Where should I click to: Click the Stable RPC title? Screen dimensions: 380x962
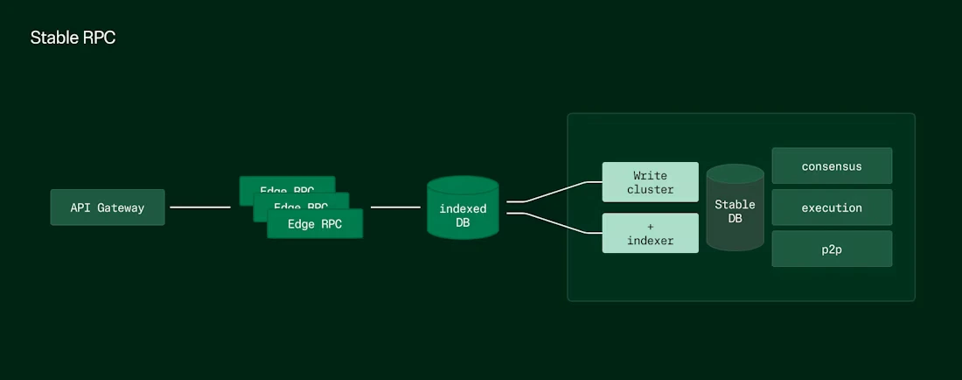click(73, 39)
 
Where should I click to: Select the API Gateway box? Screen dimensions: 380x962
click(108, 208)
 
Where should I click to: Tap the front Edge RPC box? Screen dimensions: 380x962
click(315, 224)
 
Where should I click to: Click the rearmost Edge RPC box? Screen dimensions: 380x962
click(287, 183)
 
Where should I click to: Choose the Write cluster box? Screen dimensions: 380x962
click(651, 182)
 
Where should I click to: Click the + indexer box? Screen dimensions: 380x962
click(651, 233)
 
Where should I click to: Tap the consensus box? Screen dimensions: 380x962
click(832, 165)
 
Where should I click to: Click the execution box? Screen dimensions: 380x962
click(832, 208)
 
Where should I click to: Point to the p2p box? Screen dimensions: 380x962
click(832, 249)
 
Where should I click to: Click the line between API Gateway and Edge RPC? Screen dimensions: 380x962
click(200, 208)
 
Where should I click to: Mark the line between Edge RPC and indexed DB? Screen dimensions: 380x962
click(395, 208)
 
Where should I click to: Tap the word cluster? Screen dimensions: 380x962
click(651, 189)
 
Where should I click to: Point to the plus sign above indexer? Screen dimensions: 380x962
click(651, 226)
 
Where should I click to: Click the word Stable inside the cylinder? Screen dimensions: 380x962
click(735, 204)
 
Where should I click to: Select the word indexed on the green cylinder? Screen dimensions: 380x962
click(463, 208)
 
